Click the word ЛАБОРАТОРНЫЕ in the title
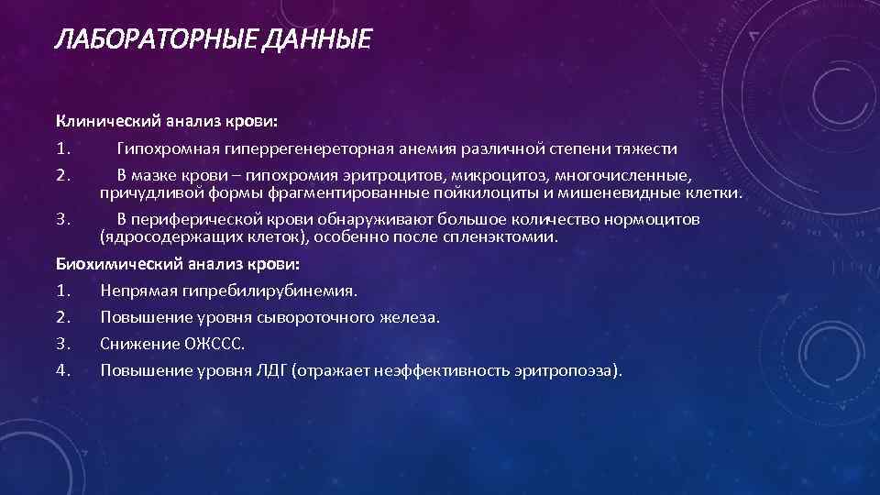(154, 40)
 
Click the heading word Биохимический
(113, 265)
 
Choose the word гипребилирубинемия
(276, 291)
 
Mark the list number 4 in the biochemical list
(61, 371)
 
